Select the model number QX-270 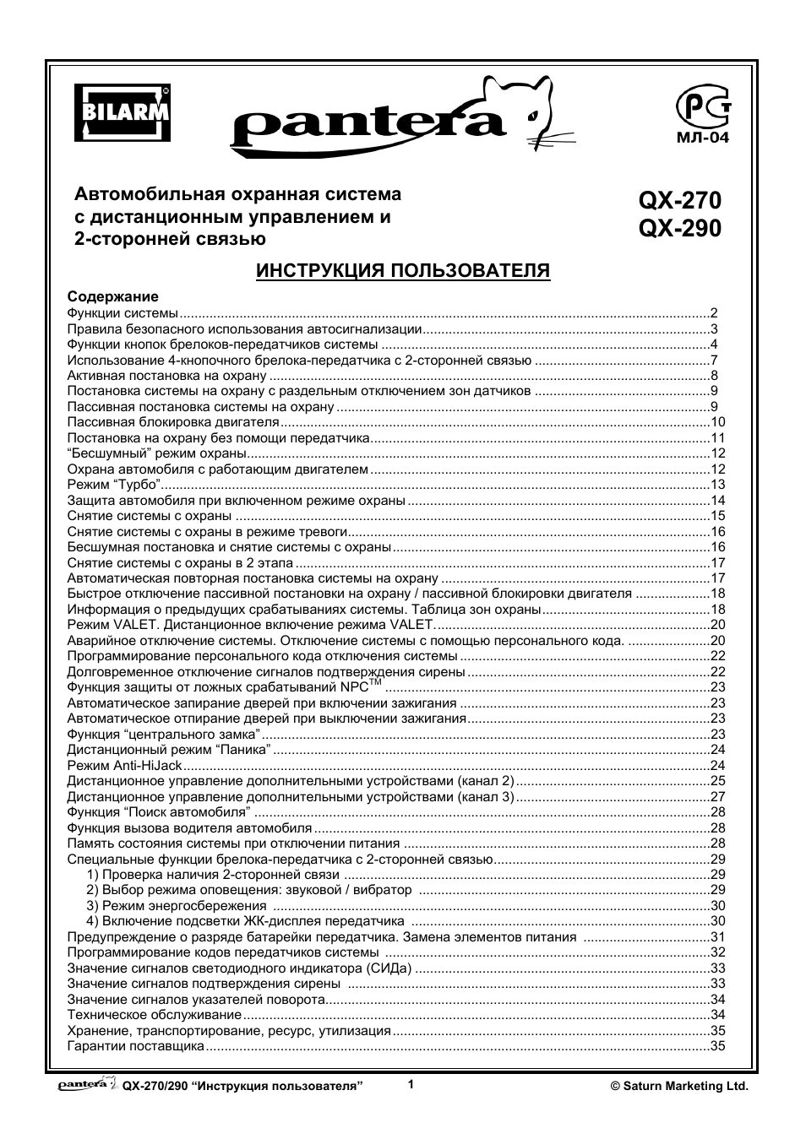pyautogui.click(x=680, y=201)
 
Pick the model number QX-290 pyautogui.click(x=680, y=229)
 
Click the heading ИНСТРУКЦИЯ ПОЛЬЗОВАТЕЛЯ pyautogui.click(x=403, y=270)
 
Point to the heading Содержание pyautogui.click(x=112, y=297)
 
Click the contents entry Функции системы pyautogui.click(x=123, y=313)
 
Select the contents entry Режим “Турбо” pyautogui.click(x=113, y=485)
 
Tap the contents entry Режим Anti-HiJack pyautogui.click(x=124, y=766)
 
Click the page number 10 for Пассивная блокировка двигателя pyautogui.click(x=718, y=422)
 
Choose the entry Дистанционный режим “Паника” pyautogui.click(x=169, y=750)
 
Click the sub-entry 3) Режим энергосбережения pyautogui.click(x=165, y=906)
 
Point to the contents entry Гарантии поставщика pyautogui.click(x=135, y=1046)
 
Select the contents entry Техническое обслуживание pyautogui.click(x=154, y=1015)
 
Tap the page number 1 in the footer pyautogui.click(x=411, y=1085)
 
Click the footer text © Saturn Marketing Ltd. pyautogui.click(x=679, y=1087)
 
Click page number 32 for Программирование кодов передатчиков pyautogui.click(x=718, y=952)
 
